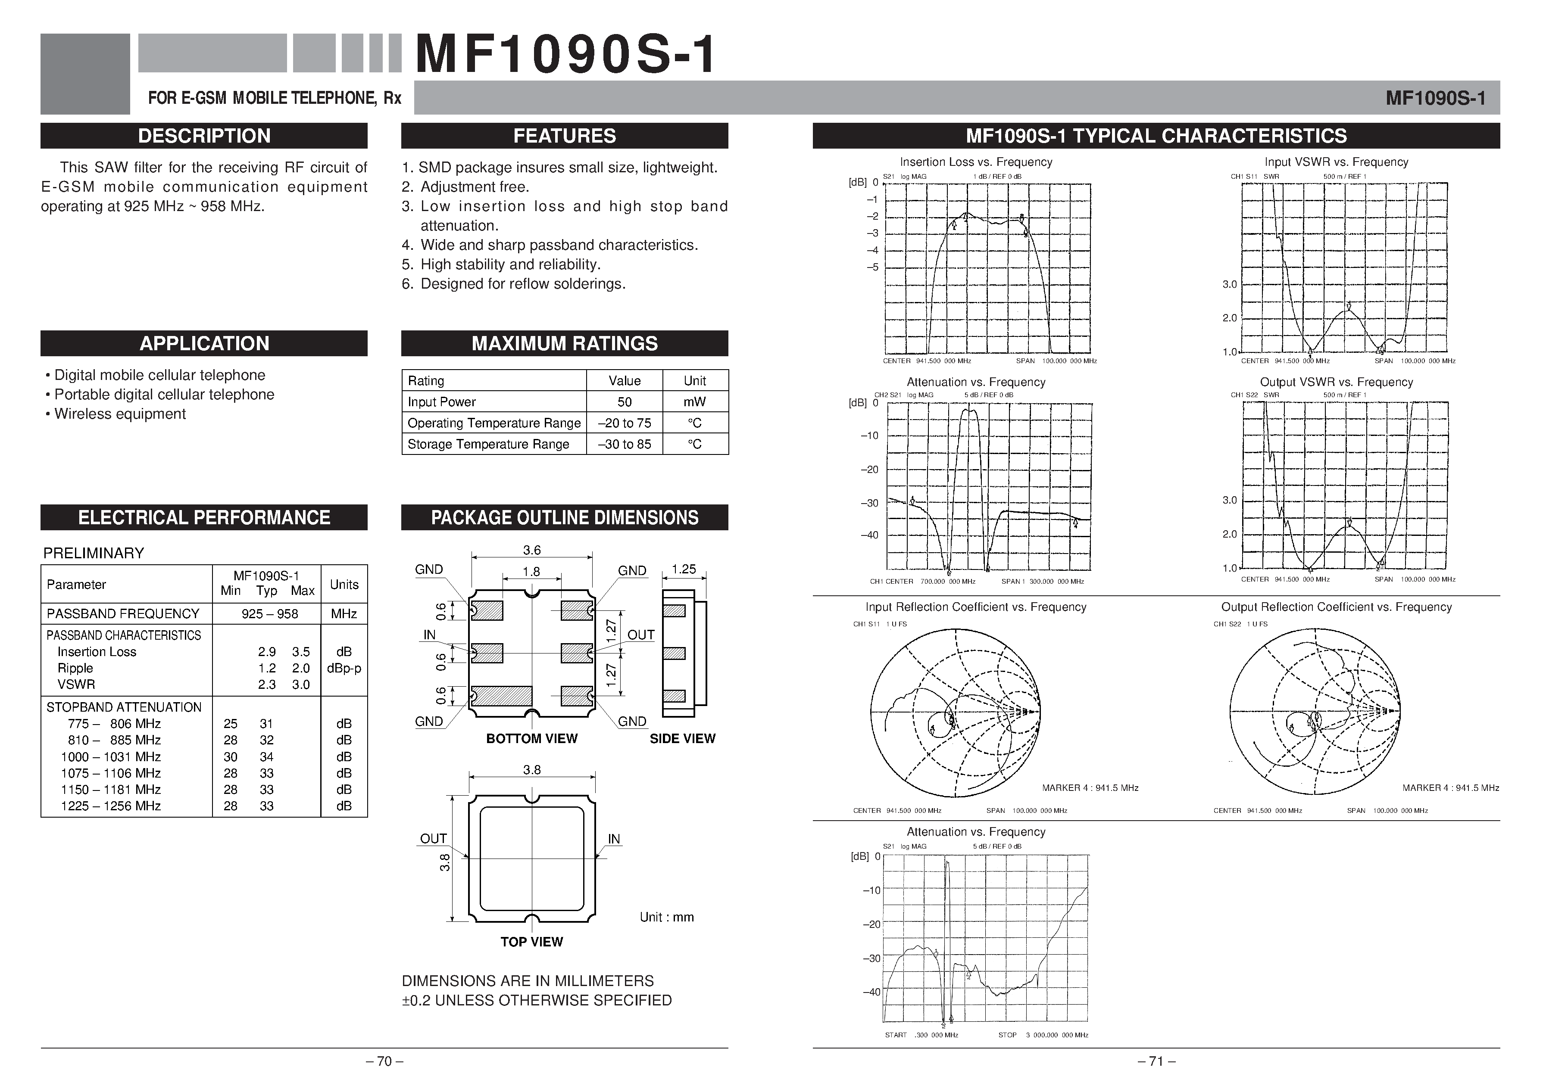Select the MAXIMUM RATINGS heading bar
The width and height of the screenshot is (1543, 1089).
(565, 343)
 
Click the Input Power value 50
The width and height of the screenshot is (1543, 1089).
(625, 402)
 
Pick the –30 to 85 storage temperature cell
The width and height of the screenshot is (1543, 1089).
(625, 444)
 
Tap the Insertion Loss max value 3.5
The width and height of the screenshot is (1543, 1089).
(300, 652)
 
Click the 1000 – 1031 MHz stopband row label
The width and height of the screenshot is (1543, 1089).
(111, 756)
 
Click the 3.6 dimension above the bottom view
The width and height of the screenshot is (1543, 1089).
(531, 550)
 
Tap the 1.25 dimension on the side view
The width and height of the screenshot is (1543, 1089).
(684, 569)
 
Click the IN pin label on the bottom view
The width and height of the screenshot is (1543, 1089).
(429, 635)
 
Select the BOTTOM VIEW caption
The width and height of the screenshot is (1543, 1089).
(531, 738)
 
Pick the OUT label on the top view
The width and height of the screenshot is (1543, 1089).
(434, 838)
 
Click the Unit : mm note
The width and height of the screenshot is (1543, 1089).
(666, 917)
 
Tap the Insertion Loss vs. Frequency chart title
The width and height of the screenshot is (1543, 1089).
(976, 162)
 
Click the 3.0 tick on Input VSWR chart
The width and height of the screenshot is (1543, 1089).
(1229, 284)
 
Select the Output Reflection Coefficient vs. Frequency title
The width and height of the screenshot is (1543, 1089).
(1336, 607)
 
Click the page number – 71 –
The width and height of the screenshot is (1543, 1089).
(1156, 1061)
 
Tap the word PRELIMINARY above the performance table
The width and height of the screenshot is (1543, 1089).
(94, 553)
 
